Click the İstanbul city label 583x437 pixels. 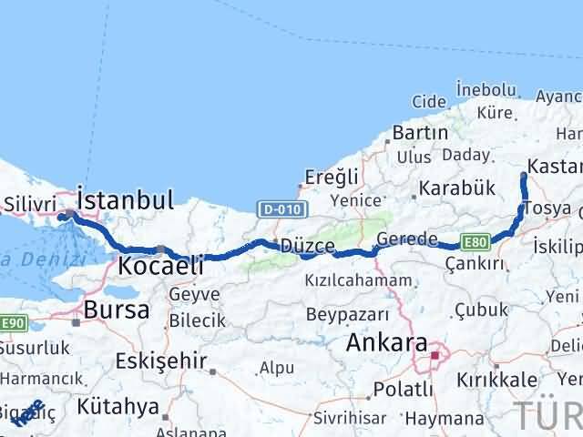pos(126,198)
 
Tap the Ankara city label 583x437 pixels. pos(387,344)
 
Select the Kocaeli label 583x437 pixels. pos(152,266)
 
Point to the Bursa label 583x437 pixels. pos(116,310)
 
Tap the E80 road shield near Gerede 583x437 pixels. pos(474,241)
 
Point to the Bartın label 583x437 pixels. pos(420,132)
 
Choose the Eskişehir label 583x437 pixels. pos(161,361)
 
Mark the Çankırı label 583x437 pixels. pos(475,263)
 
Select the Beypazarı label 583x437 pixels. pos(347,314)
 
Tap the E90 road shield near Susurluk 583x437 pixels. pos(12,323)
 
